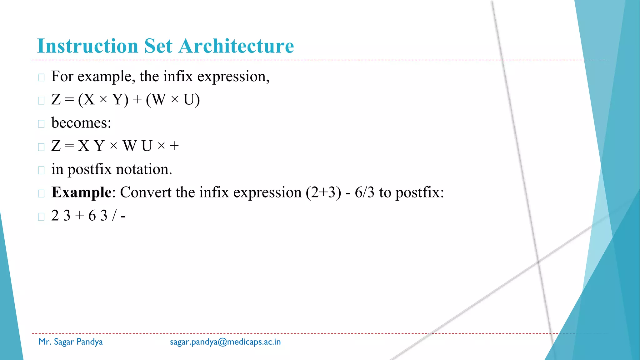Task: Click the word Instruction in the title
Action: pyautogui.click(x=87, y=46)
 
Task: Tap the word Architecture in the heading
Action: pyautogui.click(x=236, y=46)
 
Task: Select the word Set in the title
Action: pyautogui.click(x=158, y=46)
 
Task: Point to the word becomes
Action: pyautogui.click(x=81, y=122)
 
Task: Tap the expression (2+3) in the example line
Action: pyautogui.click(x=323, y=192)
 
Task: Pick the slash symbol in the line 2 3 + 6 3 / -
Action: pyautogui.click(x=114, y=215)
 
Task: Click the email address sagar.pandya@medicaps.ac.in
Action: pyautogui.click(x=225, y=342)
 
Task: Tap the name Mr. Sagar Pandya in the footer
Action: pyautogui.click(x=71, y=342)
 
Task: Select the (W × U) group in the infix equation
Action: pyautogui.click(x=173, y=100)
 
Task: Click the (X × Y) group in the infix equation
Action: pyautogui.click(x=103, y=100)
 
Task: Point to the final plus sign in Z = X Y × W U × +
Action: pyautogui.click(x=174, y=146)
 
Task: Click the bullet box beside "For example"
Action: pyautogui.click(x=41, y=77)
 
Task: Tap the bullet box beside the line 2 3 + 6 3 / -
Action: pyautogui.click(x=41, y=217)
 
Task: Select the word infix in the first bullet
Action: pyautogui.click(x=178, y=77)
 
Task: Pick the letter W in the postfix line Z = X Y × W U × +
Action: pyautogui.click(x=130, y=146)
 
